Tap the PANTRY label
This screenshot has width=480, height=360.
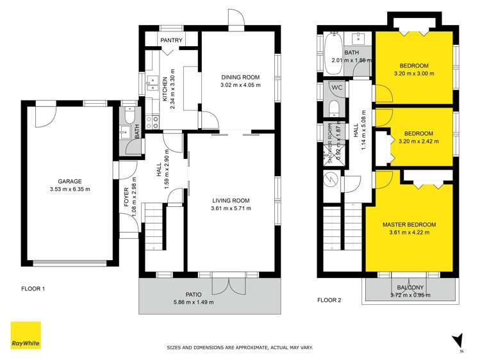click(171, 41)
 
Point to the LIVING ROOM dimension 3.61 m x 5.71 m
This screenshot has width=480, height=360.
click(231, 208)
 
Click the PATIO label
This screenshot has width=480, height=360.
click(193, 294)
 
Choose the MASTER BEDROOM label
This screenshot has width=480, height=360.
click(409, 224)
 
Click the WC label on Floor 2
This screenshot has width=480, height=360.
click(337, 87)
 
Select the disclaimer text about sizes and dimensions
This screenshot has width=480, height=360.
click(240, 347)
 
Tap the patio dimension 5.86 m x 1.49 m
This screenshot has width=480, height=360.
click(193, 302)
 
